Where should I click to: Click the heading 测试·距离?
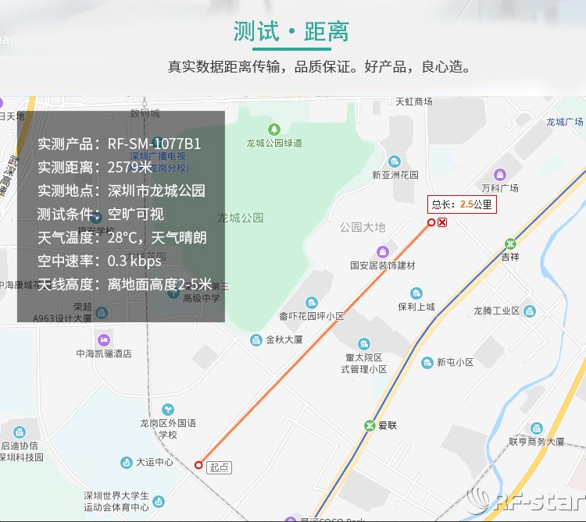(291, 31)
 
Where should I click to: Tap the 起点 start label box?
(219, 467)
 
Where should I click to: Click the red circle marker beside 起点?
(198, 464)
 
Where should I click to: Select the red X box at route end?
(442, 223)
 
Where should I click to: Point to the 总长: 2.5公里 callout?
(462, 204)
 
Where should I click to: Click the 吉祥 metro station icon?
(510, 243)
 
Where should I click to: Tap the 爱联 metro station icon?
(370, 425)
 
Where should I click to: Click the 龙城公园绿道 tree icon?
(273, 129)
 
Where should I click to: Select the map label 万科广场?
(500, 188)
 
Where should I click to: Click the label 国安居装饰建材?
(383, 265)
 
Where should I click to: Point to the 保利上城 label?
(416, 307)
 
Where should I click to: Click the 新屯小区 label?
(456, 362)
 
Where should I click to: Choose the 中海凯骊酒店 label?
(103, 353)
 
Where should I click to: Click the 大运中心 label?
(155, 462)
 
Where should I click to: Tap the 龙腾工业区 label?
(496, 311)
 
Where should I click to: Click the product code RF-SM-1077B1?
(154, 144)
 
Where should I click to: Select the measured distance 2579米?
(130, 167)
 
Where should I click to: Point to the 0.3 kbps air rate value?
(134, 261)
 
